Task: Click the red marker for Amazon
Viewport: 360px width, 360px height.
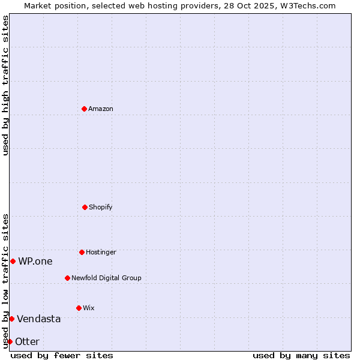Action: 84,109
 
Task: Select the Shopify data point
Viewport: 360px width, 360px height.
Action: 85,207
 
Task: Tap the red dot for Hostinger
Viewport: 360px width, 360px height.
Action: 82,252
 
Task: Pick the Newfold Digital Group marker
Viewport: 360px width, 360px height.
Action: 67,278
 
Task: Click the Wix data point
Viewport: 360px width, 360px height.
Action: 79,308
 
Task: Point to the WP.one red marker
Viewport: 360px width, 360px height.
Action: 13,261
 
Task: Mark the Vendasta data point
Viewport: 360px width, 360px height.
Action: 11,319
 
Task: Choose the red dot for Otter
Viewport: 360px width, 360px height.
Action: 10,341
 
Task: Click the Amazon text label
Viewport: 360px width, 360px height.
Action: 101,109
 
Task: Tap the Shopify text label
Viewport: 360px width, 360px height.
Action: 101,207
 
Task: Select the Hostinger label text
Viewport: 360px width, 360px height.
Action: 101,252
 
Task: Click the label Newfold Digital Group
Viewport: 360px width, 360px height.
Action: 107,278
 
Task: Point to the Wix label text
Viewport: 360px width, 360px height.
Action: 89,308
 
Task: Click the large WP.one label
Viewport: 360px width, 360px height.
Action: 35,261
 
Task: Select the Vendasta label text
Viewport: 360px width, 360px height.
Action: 39,319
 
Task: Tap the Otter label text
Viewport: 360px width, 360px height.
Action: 28,341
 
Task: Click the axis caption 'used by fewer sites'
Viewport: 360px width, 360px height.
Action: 62,355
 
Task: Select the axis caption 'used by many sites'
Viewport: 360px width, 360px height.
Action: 301,355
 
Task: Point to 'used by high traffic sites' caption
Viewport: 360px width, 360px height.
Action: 5,85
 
